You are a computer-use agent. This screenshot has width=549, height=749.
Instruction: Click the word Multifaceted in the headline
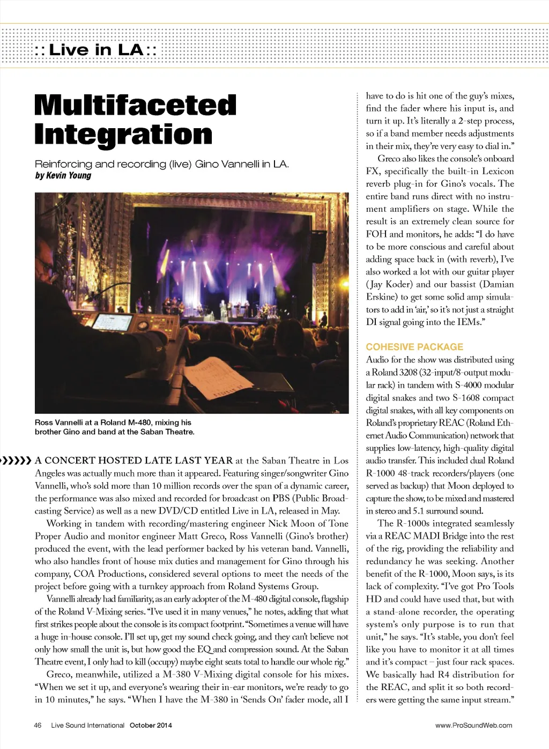click(x=135, y=105)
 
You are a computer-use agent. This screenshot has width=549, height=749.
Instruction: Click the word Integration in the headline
click(x=123, y=134)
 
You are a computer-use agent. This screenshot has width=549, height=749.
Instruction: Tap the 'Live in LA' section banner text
click(x=96, y=50)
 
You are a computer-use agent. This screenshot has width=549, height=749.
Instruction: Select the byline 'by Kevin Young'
click(x=63, y=175)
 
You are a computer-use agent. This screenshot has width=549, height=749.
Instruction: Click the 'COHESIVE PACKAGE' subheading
click(x=414, y=347)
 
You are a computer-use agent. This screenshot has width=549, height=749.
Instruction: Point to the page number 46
click(x=38, y=725)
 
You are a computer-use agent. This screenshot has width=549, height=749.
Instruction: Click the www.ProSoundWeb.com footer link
click(x=473, y=725)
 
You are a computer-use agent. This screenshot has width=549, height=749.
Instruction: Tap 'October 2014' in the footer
click(x=151, y=725)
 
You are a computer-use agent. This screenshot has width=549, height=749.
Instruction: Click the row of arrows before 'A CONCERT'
click(x=16, y=460)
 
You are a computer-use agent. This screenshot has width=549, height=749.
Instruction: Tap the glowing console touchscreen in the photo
click(x=113, y=321)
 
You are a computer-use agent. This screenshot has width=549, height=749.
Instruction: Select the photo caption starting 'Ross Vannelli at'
click(x=114, y=427)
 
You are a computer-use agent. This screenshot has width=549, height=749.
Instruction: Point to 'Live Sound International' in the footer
click(x=87, y=725)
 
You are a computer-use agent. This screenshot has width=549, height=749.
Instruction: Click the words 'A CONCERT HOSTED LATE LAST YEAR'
click(x=133, y=460)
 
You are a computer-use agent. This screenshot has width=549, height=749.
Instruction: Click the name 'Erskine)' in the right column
click(x=381, y=297)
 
